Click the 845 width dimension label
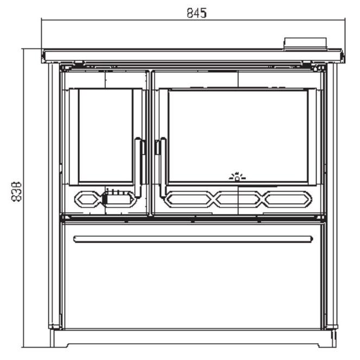tap(197, 13)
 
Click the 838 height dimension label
tap(16, 192)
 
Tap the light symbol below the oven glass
tap(237, 176)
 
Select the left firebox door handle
tap(138, 168)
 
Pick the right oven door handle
tap(163, 168)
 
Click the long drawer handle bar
tap(193, 239)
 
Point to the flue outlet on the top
tap(305, 43)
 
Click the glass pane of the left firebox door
tap(106, 135)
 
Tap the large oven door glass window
tap(238, 136)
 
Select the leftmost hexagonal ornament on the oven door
tap(189, 199)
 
